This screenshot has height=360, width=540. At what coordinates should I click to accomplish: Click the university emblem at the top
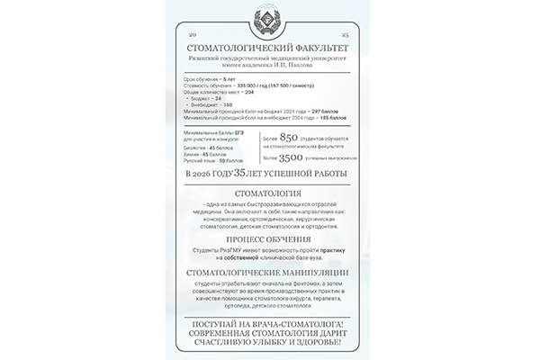pyautogui.click(x=270, y=21)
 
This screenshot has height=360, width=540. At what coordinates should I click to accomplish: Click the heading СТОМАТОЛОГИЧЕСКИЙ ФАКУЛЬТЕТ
pyautogui.click(x=269, y=45)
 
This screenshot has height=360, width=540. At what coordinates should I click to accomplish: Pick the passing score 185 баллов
pyautogui.click(x=329, y=118)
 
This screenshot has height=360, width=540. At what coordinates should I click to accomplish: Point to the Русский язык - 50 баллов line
pyautogui.click(x=209, y=159)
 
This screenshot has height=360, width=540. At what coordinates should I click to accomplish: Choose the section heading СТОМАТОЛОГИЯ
pyautogui.click(x=269, y=193)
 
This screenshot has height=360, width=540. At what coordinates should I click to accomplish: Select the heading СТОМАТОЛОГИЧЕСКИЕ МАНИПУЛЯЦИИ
pyautogui.click(x=269, y=273)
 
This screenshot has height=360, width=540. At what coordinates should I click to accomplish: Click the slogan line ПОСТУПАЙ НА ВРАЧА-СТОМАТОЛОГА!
pyautogui.click(x=269, y=321)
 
